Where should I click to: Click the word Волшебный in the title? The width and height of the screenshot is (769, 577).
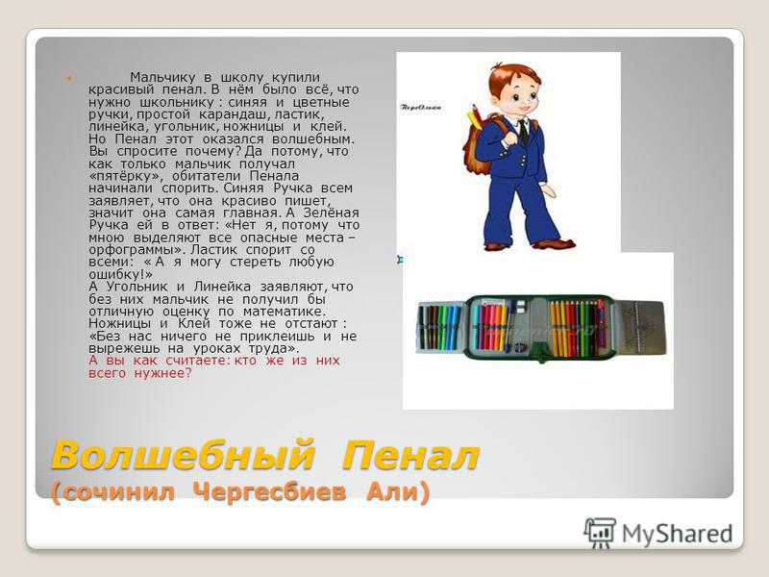point(183,456)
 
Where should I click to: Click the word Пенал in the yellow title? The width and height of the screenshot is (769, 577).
point(410,456)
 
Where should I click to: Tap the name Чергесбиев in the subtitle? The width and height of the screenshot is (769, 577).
point(270,491)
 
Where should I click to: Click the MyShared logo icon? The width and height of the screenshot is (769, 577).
point(600,533)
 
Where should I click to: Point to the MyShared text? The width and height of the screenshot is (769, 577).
point(678,534)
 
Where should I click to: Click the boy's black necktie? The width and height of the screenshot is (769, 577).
point(524,132)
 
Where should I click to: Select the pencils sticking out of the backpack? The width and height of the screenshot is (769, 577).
point(475,116)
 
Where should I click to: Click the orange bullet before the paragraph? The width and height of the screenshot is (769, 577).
point(69,78)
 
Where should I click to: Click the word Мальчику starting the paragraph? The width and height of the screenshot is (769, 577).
point(162,78)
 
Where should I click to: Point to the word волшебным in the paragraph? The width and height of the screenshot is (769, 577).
point(313,138)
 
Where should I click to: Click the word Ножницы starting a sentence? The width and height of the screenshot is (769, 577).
point(119,324)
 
